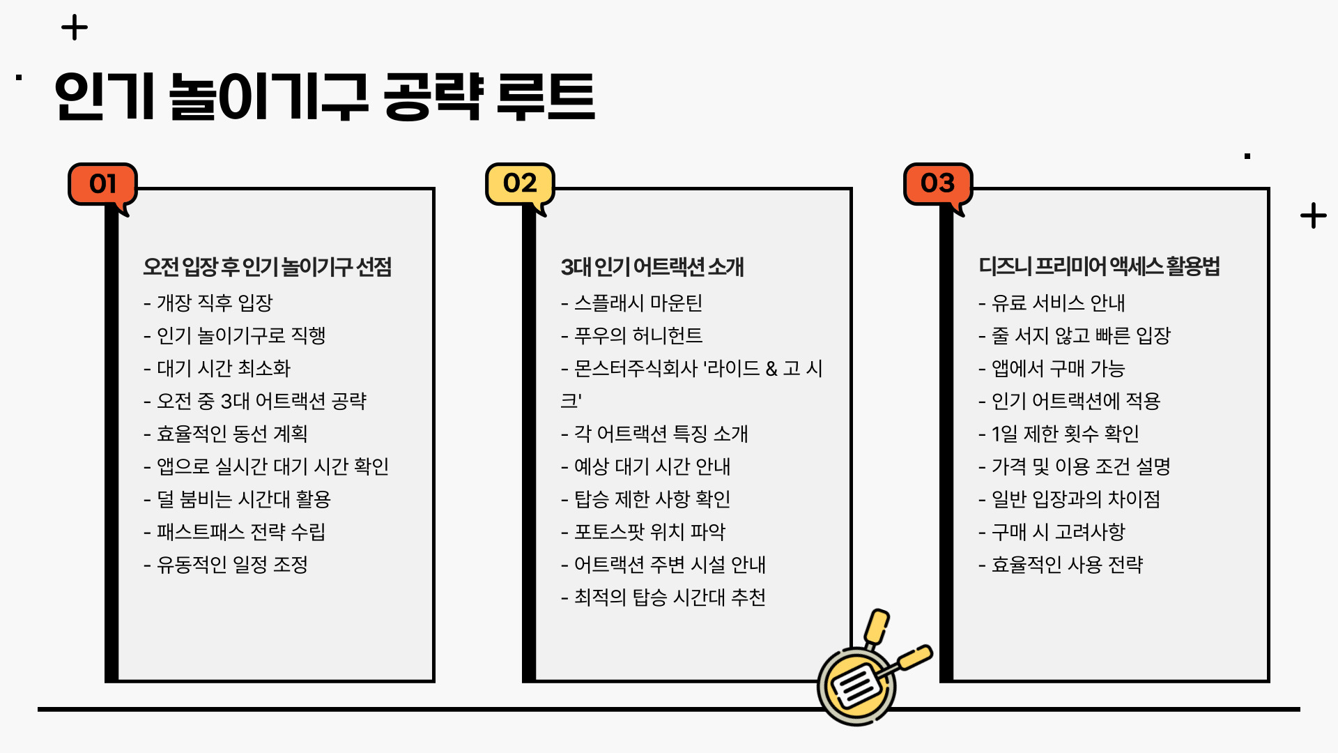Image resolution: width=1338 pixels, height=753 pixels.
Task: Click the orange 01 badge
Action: click(x=102, y=184)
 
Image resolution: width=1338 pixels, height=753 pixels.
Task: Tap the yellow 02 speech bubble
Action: click(x=520, y=183)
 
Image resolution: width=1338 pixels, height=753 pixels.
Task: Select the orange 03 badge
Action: click(x=937, y=183)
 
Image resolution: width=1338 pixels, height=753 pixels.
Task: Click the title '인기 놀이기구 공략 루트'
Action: click(x=325, y=97)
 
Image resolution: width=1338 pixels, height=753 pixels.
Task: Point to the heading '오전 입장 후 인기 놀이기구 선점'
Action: click(x=268, y=266)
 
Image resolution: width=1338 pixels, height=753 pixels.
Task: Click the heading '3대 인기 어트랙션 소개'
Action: click(x=652, y=266)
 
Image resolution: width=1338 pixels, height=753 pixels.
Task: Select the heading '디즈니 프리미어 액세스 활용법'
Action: click(x=1099, y=266)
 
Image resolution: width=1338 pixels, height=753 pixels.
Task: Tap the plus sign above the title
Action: click(x=75, y=28)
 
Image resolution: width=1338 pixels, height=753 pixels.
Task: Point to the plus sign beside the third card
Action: click(x=1313, y=215)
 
